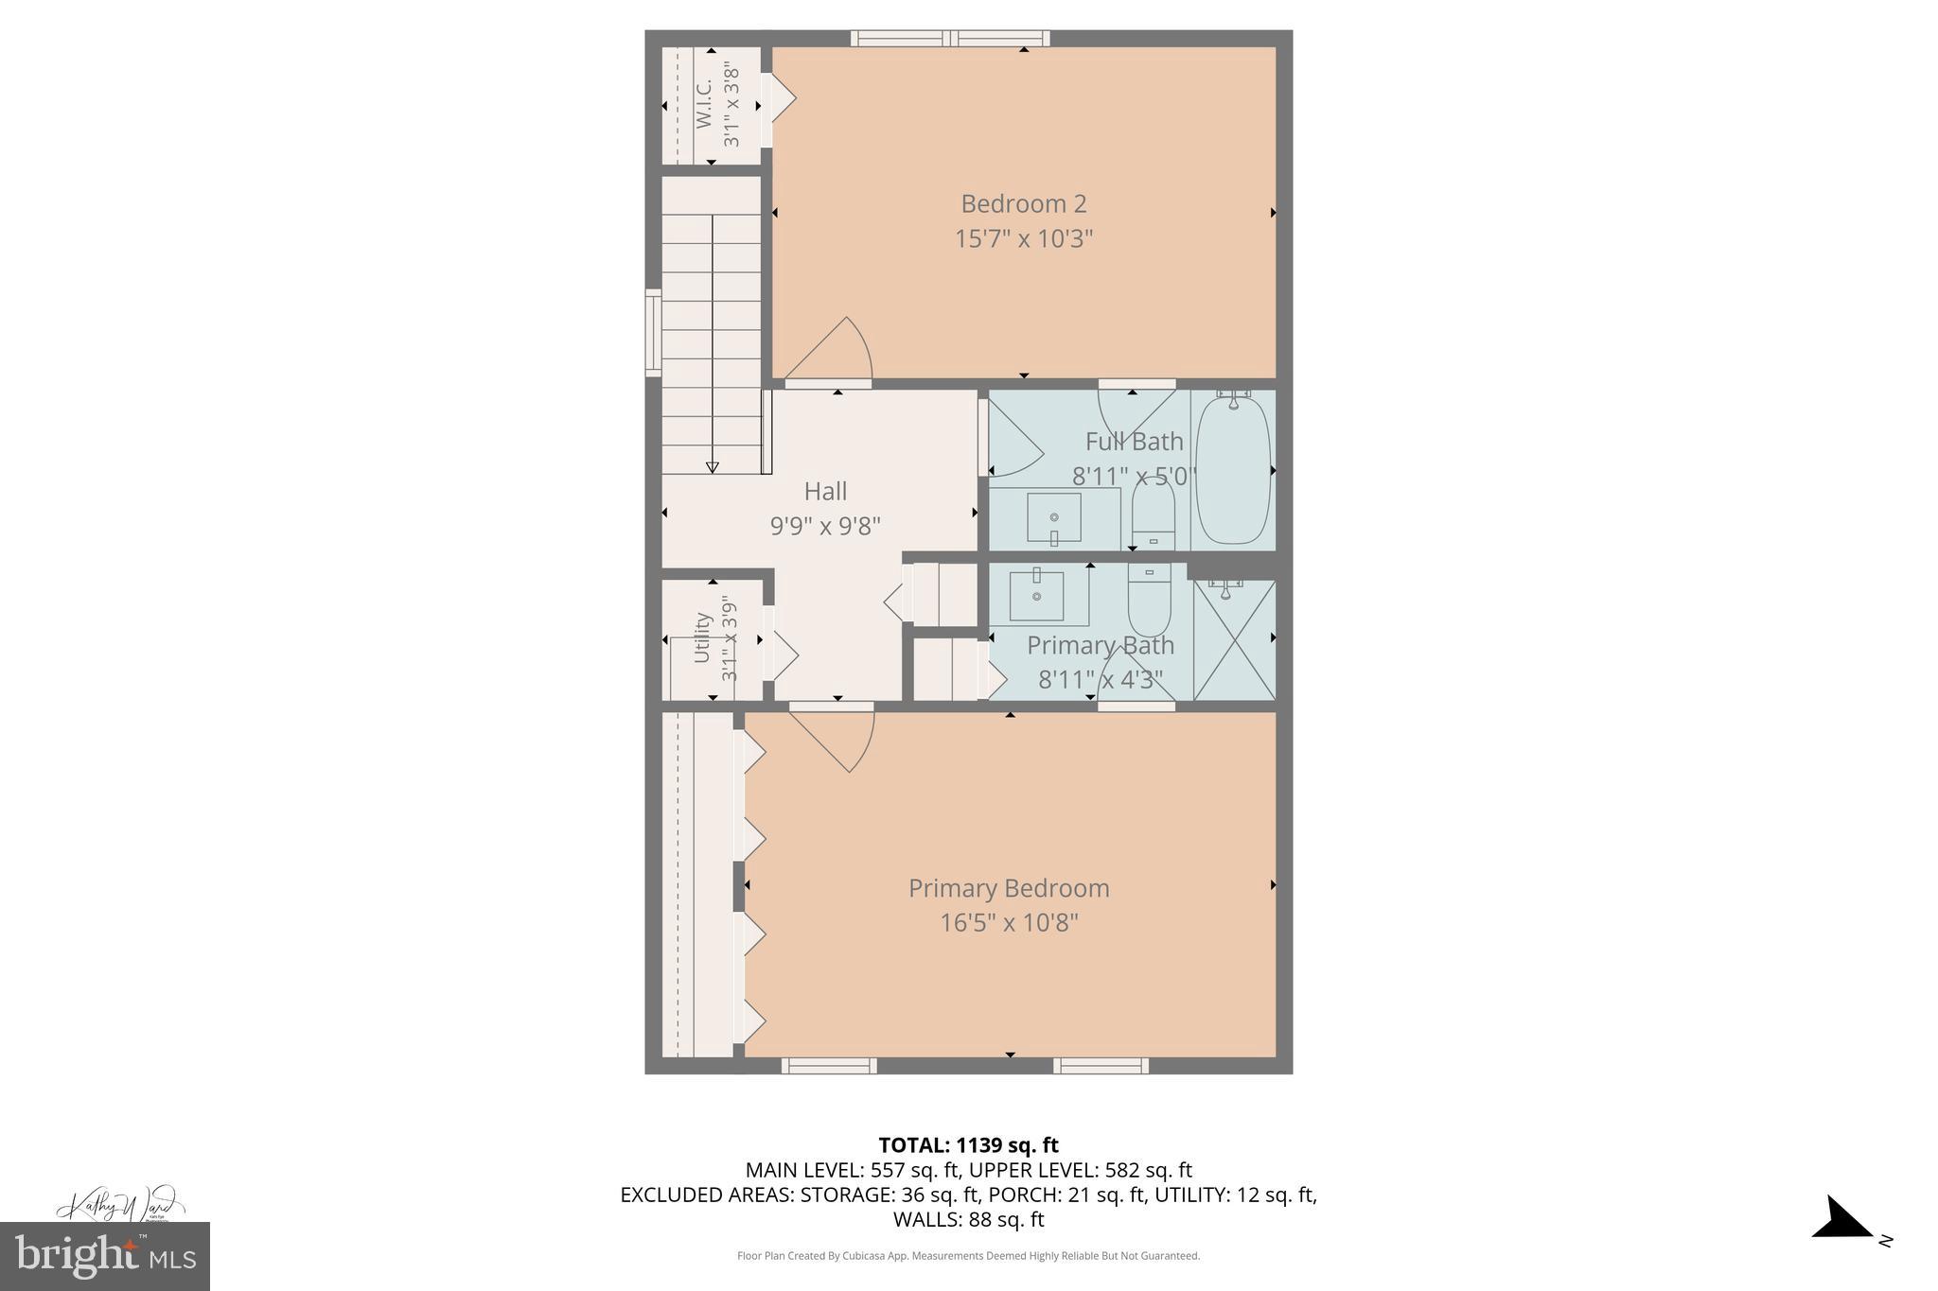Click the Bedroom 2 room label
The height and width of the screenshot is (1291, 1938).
(1023, 203)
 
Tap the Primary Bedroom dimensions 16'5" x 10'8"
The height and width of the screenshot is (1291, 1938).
(1009, 922)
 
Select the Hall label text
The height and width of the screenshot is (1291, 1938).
(825, 491)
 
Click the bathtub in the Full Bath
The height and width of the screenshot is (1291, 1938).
(1232, 470)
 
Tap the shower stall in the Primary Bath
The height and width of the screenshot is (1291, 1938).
(1234, 639)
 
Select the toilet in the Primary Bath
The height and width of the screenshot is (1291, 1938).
(1149, 602)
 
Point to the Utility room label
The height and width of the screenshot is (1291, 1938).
(702, 638)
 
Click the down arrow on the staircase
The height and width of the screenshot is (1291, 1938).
(712, 467)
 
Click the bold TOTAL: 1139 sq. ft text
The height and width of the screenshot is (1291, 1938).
(968, 1145)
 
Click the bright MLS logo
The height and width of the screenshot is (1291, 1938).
(104, 1256)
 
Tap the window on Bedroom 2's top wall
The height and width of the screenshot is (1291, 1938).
(949, 39)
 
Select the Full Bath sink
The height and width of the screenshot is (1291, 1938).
(1054, 519)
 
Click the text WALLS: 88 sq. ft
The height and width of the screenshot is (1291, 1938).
(968, 1219)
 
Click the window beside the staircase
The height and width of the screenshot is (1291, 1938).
(653, 332)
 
